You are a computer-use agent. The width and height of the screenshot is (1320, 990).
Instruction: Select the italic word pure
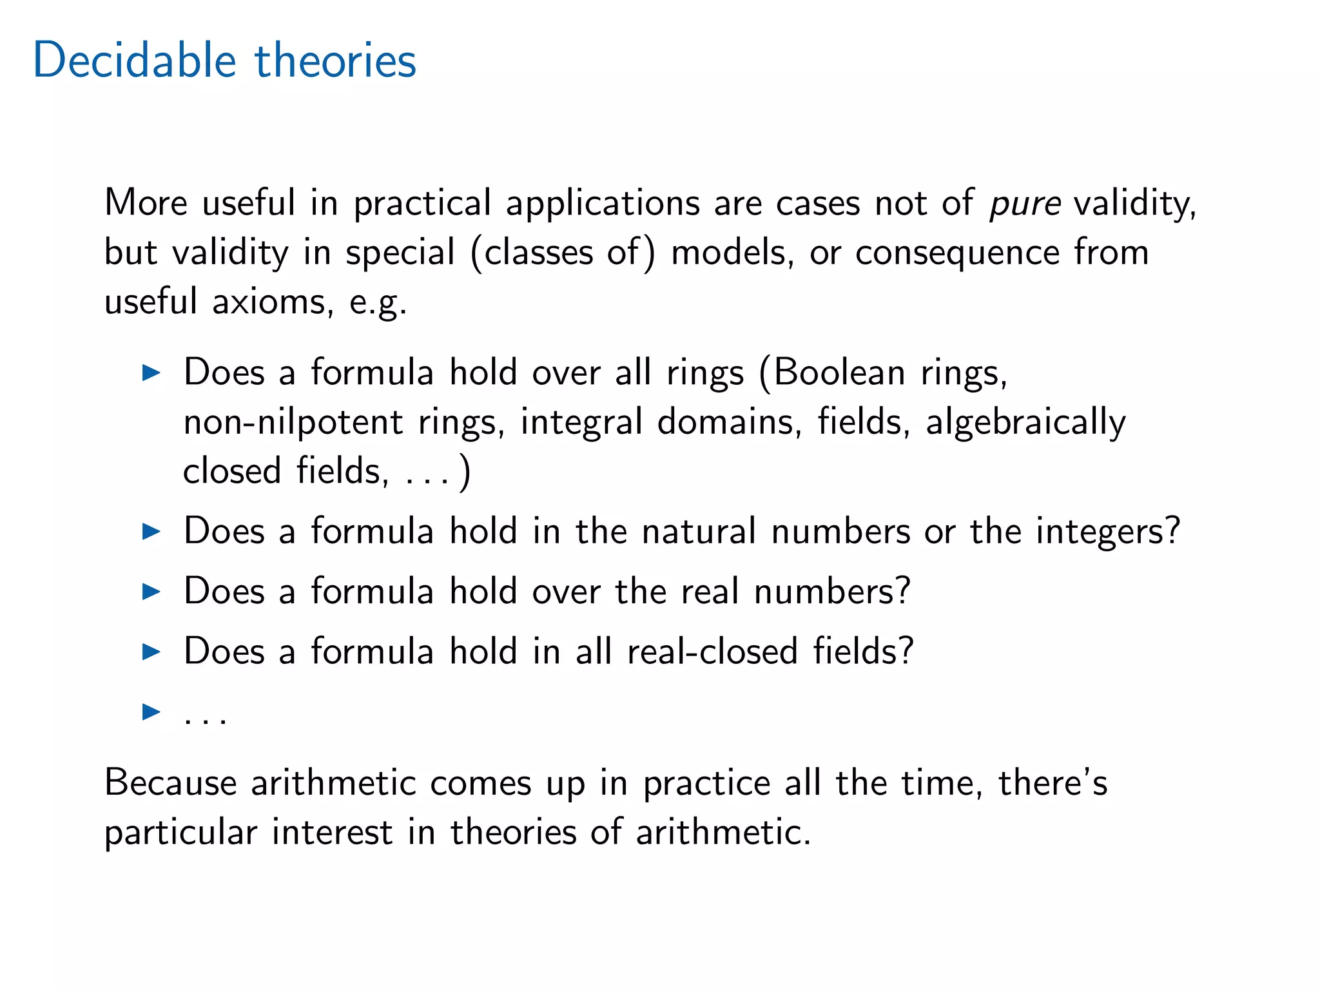(x=1025, y=204)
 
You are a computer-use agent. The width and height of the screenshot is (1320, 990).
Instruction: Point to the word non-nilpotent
(x=293, y=423)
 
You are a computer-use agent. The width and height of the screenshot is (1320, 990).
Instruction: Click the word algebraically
(x=1025, y=423)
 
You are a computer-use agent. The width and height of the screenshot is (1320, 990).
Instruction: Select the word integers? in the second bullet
(x=1107, y=532)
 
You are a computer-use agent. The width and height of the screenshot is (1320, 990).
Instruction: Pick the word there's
(x=1053, y=783)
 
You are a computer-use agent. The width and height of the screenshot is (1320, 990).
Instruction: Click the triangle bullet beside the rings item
(x=151, y=373)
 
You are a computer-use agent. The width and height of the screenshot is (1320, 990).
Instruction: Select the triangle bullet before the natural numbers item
(x=151, y=532)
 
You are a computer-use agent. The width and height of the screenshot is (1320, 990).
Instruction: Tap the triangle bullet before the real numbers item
(x=151, y=591)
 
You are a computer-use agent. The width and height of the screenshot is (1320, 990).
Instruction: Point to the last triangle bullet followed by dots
(x=151, y=712)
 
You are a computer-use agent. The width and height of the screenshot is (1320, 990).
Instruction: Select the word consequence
(x=957, y=252)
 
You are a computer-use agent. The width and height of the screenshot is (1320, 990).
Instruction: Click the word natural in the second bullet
(x=699, y=532)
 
